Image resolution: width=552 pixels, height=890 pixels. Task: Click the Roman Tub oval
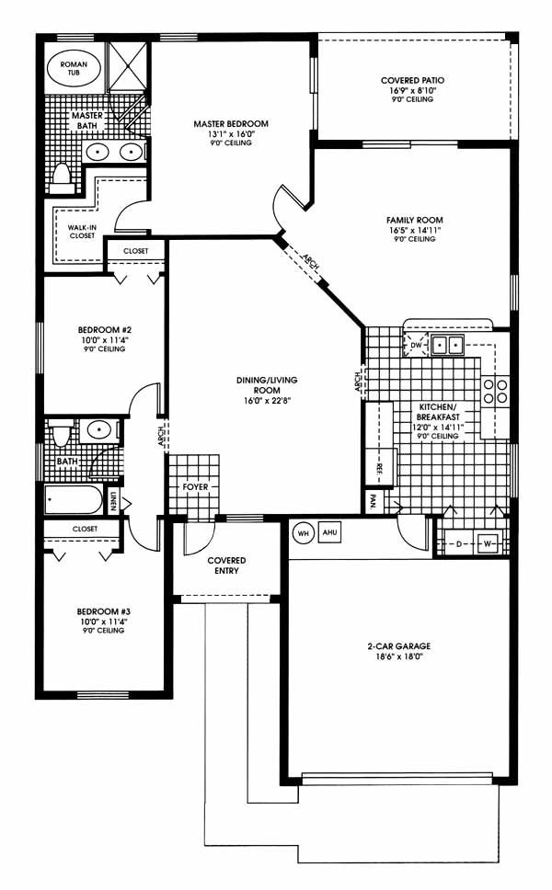pyautogui.click(x=74, y=69)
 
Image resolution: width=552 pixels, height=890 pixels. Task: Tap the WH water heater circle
pyautogui.click(x=303, y=533)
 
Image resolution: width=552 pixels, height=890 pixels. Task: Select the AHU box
pyautogui.click(x=329, y=532)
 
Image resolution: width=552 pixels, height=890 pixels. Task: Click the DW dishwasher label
pyautogui.click(x=416, y=345)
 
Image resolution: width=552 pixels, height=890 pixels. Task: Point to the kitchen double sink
pyautogui.click(x=447, y=345)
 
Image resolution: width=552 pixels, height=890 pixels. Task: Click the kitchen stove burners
pyautogui.click(x=495, y=391)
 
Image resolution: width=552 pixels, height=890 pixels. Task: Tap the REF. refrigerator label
pyautogui.click(x=379, y=468)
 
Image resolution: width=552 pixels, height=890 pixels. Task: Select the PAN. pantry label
pyautogui.click(x=374, y=502)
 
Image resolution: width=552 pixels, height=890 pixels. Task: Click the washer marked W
pyautogui.click(x=488, y=543)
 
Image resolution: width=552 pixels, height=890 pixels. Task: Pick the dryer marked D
pyautogui.click(x=459, y=543)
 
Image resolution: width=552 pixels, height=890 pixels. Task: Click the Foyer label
pyautogui.click(x=195, y=487)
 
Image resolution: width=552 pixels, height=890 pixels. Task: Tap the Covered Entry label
pyautogui.click(x=226, y=565)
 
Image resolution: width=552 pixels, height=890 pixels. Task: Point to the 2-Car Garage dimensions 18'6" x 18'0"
pyautogui.click(x=398, y=656)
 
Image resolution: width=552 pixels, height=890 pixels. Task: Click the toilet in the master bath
pyautogui.click(x=60, y=174)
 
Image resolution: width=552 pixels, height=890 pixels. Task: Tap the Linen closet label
pyautogui.click(x=112, y=501)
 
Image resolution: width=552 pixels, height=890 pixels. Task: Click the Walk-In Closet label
pyautogui.click(x=83, y=231)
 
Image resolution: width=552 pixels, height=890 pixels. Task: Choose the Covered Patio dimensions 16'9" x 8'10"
pyautogui.click(x=413, y=90)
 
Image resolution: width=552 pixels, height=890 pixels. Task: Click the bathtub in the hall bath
pyautogui.click(x=74, y=500)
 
